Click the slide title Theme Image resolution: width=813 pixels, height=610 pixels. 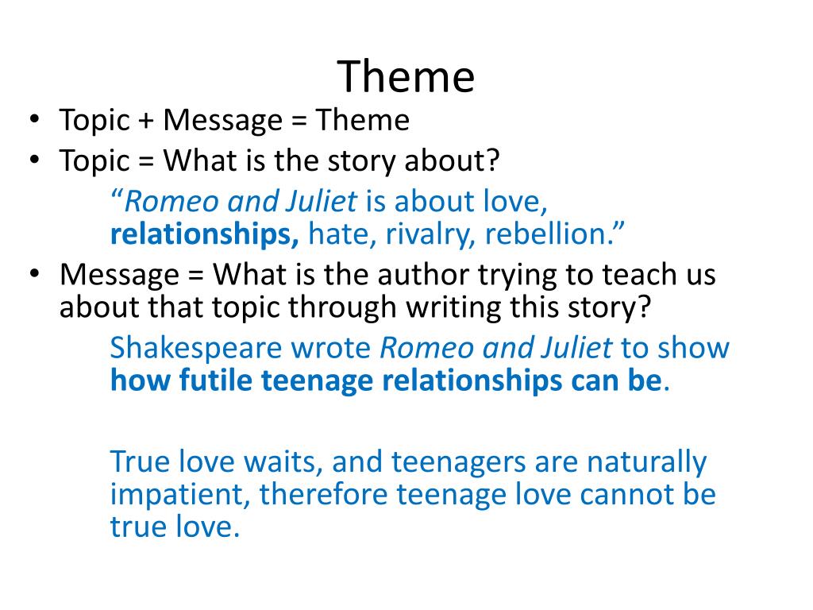pos(406,76)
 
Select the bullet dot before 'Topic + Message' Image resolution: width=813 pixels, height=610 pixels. pos(35,121)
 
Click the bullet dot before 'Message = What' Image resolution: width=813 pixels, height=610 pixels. pos(35,275)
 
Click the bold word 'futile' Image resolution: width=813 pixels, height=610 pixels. pos(210,381)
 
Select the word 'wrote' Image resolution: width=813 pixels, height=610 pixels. pos(332,348)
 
